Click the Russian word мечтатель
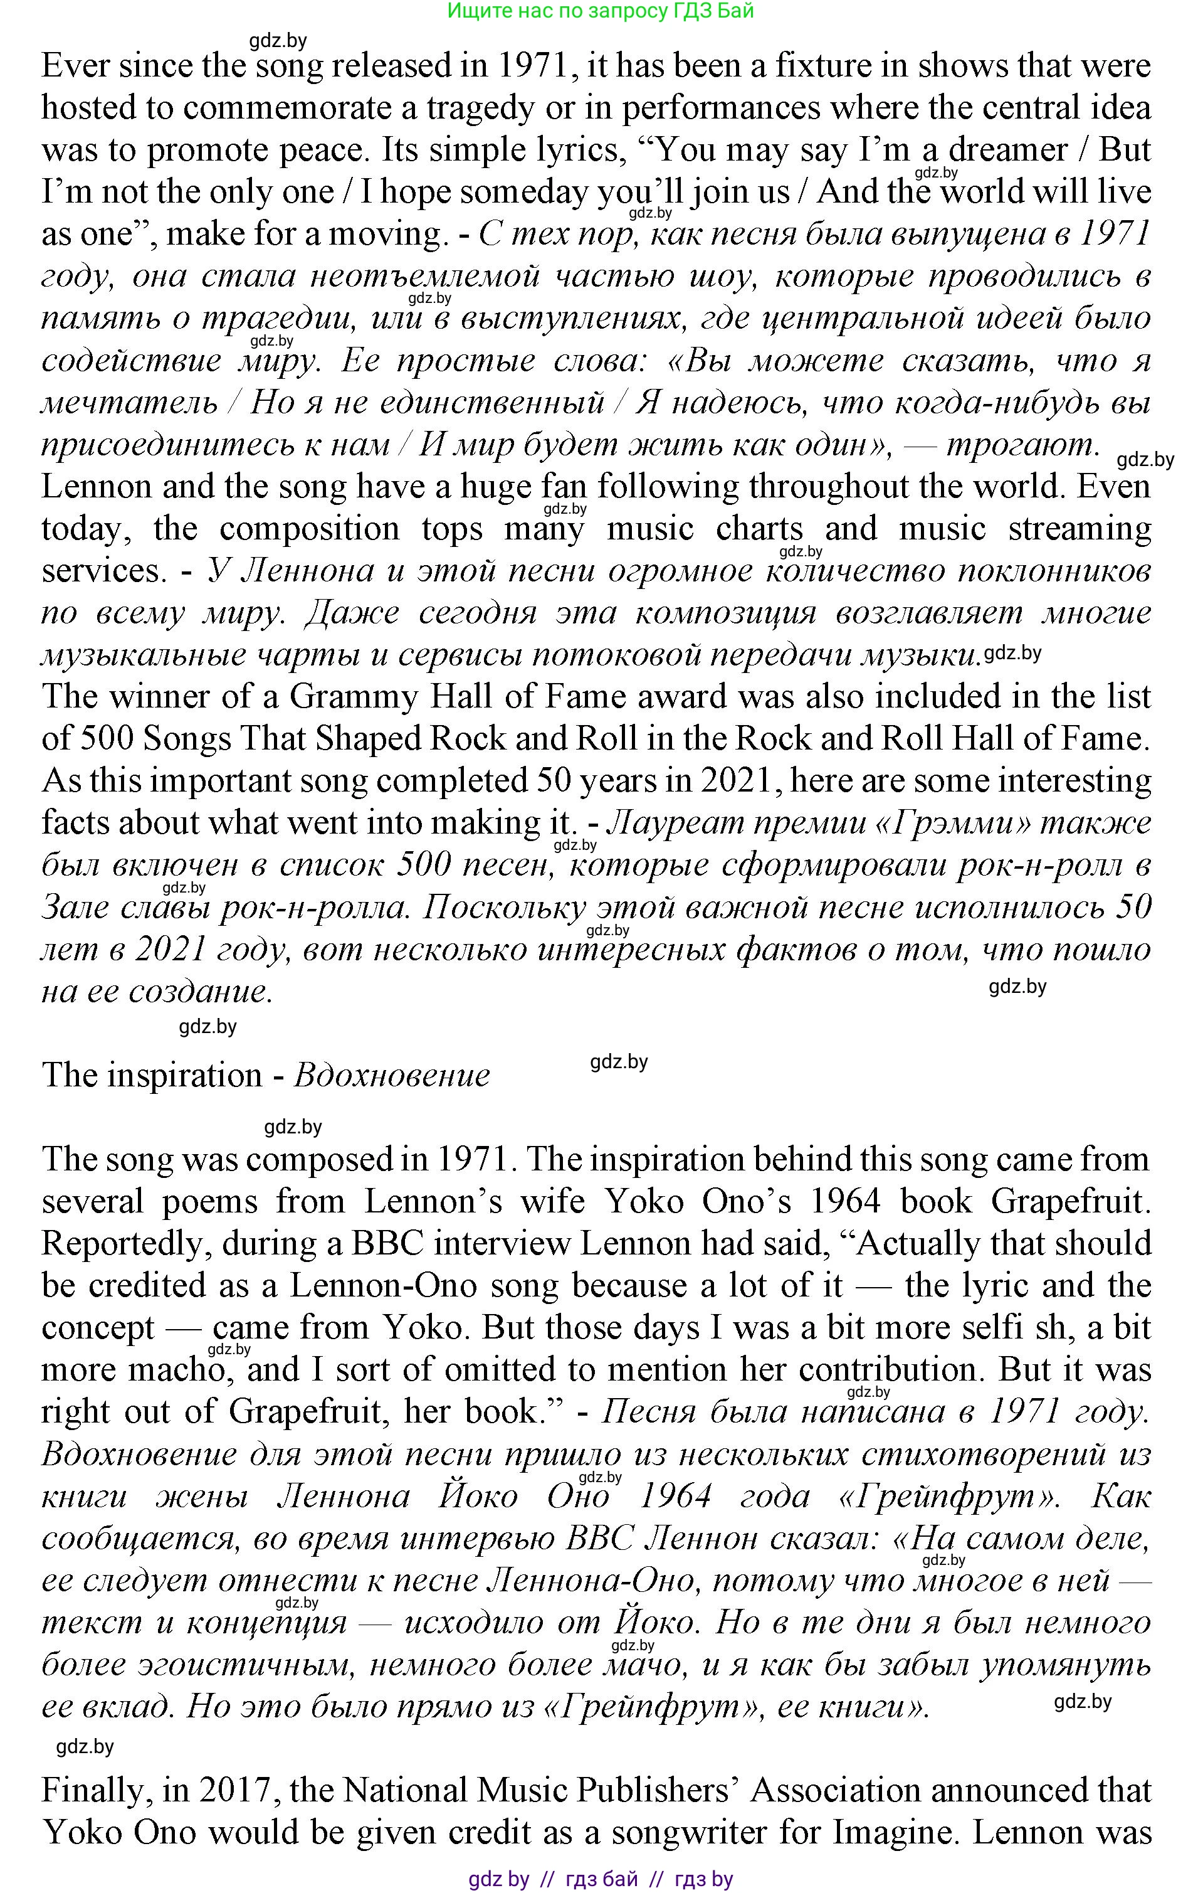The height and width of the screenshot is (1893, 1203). click(130, 403)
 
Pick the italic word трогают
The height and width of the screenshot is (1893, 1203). click(1021, 445)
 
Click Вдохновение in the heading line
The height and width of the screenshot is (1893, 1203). click(391, 1074)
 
